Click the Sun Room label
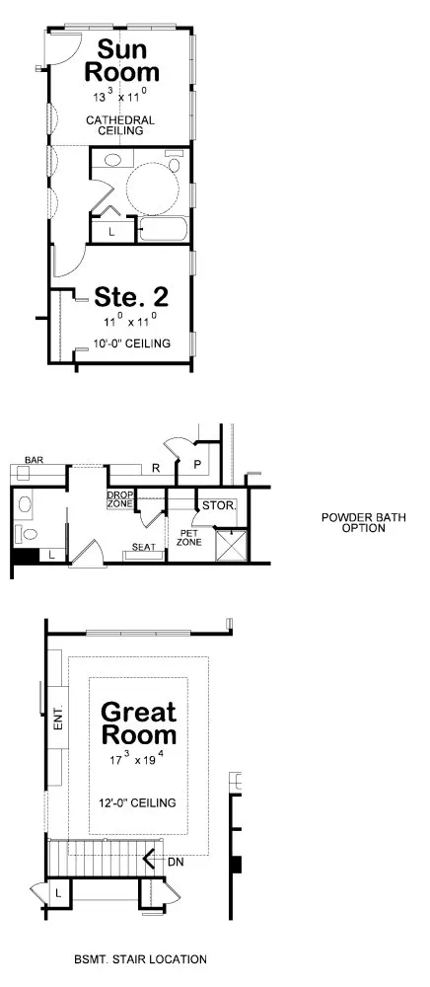pyautogui.click(x=122, y=61)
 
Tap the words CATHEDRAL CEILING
pyautogui.click(x=122, y=124)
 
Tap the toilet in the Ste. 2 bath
pyautogui.click(x=113, y=159)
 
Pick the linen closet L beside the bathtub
pyautogui.click(x=111, y=231)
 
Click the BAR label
pyautogui.click(x=36, y=460)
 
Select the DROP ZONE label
pyautogui.click(x=120, y=499)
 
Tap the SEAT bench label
pyautogui.click(x=144, y=546)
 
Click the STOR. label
pyautogui.click(x=217, y=505)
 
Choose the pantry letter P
pyautogui.click(x=197, y=464)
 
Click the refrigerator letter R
pyautogui.click(x=156, y=468)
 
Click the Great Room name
pyautogui.click(x=138, y=723)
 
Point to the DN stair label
pyautogui.click(x=175, y=861)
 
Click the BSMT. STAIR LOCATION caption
pyautogui.click(x=140, y=958)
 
